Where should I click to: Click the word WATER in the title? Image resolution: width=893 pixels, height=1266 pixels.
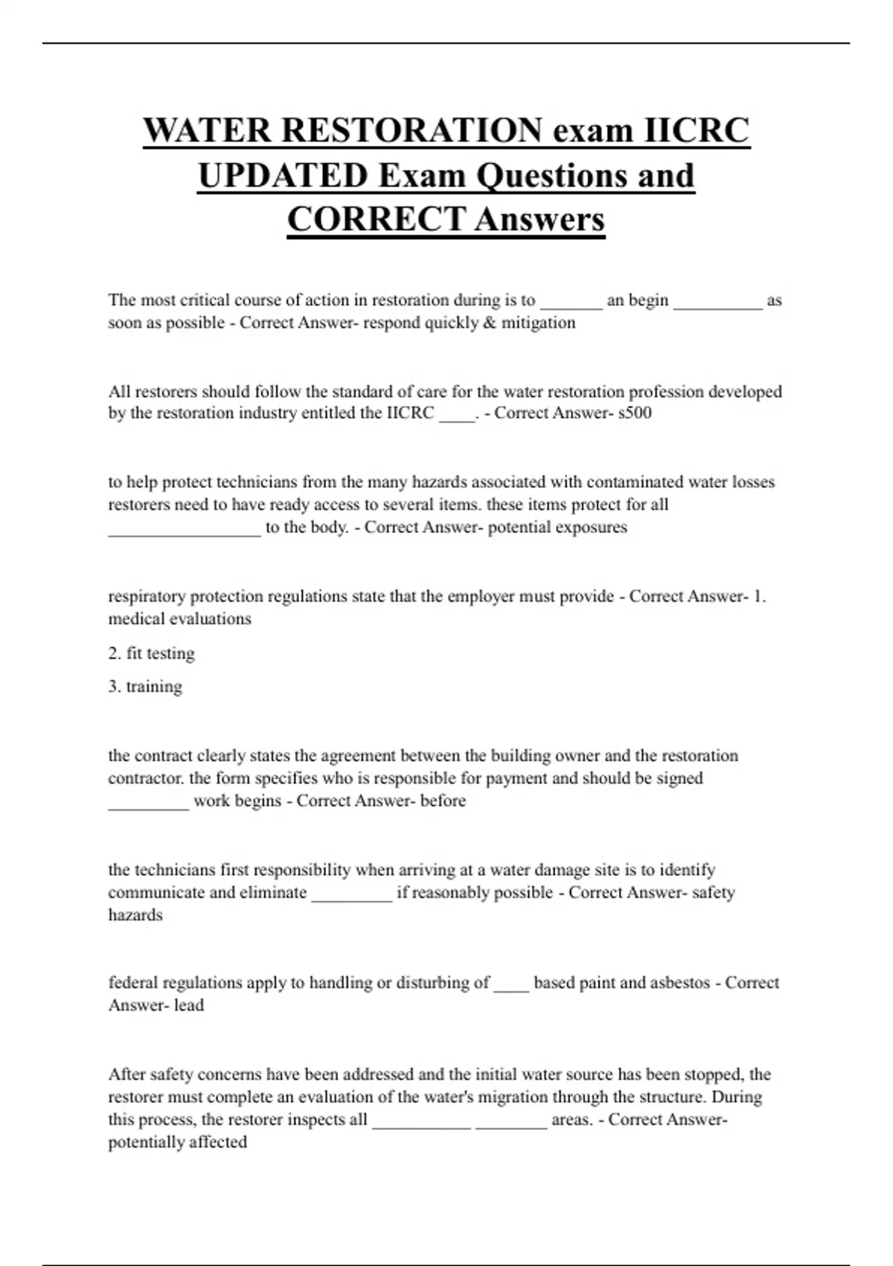point(208,130)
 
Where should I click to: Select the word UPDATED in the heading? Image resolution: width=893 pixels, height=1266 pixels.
point(283,176)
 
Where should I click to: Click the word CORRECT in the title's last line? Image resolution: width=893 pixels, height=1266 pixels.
point(377,220)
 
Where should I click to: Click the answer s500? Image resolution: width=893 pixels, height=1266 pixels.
point(635,413)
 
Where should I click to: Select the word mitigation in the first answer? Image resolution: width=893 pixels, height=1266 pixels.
point(538,322)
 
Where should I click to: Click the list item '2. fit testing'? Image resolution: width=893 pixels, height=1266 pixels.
point(151,653)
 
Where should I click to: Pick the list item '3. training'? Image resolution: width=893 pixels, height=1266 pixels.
point(145,687)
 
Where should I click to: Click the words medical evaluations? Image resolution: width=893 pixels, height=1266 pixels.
point(179,619)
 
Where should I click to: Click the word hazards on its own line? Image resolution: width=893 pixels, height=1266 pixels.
point(135,915)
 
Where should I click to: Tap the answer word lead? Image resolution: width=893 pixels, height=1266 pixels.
point(189,1005)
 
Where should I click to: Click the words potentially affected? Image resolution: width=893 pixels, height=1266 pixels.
point(177,1142)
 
